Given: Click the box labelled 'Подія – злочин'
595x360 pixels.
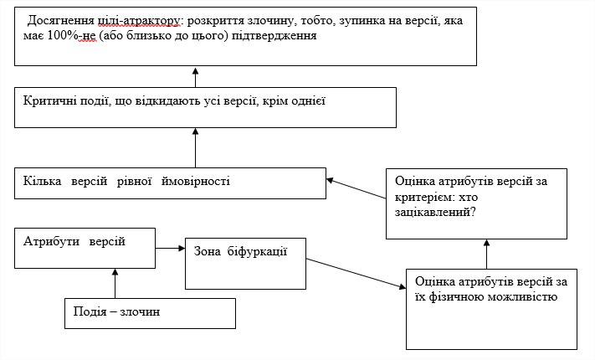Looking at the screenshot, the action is tap(150, 313).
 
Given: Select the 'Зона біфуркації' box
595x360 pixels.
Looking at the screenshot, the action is tap(245, 264).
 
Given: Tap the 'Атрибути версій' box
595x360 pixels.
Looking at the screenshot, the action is tap(85, 249).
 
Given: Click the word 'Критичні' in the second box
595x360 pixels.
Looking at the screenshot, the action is tap(47, 101).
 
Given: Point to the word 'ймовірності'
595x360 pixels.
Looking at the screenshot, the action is tap(196, 181).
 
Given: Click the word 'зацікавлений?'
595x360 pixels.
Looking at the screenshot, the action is tap(435, 212).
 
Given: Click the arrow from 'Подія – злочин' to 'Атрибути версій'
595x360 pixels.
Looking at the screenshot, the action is tap(115, 283).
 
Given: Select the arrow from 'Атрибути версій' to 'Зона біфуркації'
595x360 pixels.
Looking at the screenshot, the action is tap(171, 249).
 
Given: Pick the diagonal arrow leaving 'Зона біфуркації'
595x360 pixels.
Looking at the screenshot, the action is tap(356, 274).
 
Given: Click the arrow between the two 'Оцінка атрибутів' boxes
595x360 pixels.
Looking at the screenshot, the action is tap(487, 254).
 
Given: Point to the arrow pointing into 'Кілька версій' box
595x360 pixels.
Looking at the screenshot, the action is tap(356, 188).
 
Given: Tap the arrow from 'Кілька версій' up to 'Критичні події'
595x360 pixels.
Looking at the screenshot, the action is tap(196, 147).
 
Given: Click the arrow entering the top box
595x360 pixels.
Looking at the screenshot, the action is tap(196, 77).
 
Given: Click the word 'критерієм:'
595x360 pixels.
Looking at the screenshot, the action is tap(424, 197).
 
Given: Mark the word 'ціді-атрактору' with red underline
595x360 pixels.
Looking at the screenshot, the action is tap(139, 20).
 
